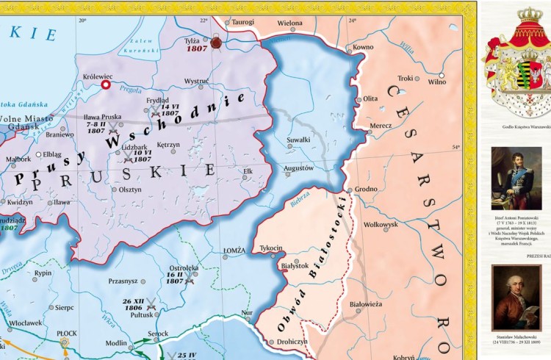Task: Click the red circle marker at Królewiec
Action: (x=106, y=85)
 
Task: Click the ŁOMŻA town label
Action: (x=234, y=251)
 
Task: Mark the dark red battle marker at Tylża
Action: (x=216, y=43)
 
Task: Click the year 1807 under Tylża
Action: (x=196, y=48)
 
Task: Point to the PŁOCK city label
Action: (x=67, y=333)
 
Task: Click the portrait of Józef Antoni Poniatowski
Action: (x=516, y=179)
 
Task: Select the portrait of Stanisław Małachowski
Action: (x=516, y=298)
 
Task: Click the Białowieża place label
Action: (x=365, y=303)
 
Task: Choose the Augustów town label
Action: (x=298, y=168)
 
